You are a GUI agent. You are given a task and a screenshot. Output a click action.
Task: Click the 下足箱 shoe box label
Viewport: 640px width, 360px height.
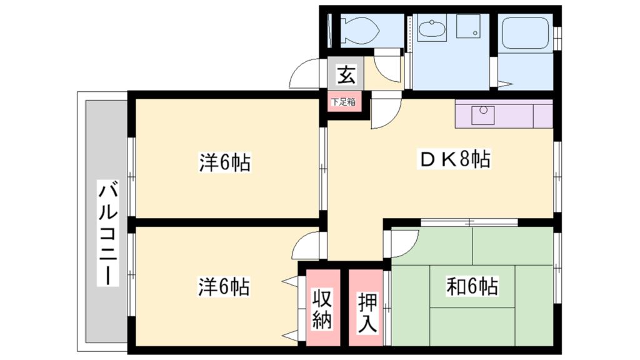(x=343, y=102)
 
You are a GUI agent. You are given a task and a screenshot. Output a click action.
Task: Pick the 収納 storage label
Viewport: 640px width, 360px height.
(x=322, y=308)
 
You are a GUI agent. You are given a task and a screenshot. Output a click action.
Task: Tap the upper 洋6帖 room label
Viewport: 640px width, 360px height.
(x=225, y=164)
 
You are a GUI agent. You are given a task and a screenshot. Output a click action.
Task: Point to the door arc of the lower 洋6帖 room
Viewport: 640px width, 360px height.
(x=307, y=246)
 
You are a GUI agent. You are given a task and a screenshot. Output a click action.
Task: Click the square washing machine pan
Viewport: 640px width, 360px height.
(x=467, y=27)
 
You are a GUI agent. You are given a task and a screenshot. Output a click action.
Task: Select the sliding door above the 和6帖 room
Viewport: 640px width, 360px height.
(x=469, y=222)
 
